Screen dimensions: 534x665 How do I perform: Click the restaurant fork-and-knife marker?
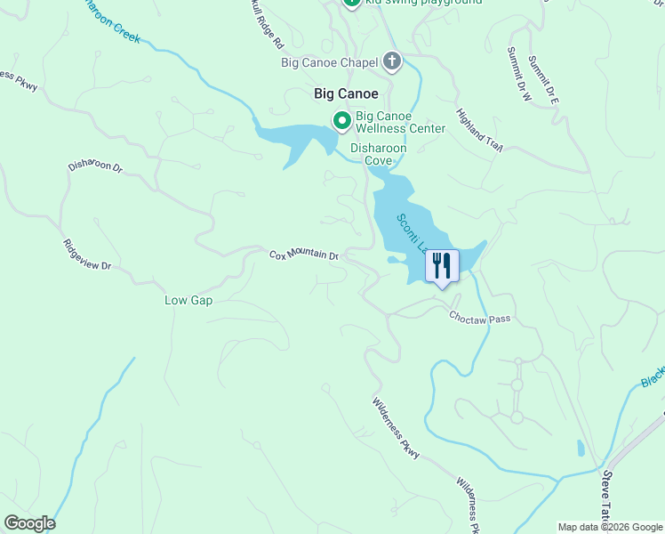click(442, 265)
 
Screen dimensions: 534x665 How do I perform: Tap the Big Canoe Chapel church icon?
click(392, 62)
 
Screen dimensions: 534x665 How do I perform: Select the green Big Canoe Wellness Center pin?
click(341, 120)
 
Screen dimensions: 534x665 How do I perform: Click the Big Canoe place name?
click(346, 93)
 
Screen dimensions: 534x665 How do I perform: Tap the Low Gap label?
click(188, 300)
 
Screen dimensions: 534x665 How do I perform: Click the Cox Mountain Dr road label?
click(305, 255)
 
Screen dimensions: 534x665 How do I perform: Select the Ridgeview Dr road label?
click(87, 255)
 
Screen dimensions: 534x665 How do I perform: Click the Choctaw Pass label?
click(479, 317)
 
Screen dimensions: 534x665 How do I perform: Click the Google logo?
click(29, 523)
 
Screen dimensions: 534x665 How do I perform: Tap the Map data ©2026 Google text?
click(610, 527)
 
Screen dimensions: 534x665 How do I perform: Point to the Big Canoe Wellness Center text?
click(400, 122)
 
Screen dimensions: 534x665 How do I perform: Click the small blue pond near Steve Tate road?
click(581, 448)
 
